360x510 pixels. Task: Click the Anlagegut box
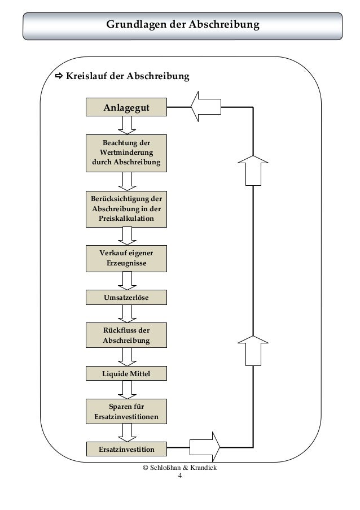[x=126, y=107]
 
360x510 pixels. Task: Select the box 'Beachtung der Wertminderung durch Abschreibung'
[x=126, y=153]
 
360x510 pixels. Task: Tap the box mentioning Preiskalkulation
[x=126, y=209]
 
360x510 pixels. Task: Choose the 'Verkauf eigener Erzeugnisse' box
[x=126, y=259]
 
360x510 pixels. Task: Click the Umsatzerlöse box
[x=126, y=297]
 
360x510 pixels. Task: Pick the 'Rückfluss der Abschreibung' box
[x=126, y=335]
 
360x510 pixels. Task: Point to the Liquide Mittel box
[x=126, y=373]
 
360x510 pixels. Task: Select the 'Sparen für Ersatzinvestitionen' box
[x=126, y=412]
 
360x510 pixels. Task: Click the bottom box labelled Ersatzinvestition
[x=126, y=449]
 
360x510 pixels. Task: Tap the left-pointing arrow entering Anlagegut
[x=205, y=107]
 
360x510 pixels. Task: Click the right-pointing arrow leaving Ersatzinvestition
[x=205, y=447]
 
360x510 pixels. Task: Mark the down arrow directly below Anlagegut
[x=127, y=125]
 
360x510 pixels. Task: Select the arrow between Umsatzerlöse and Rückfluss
[x=127, y=313]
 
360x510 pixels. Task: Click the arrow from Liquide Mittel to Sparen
[x=127, y=390]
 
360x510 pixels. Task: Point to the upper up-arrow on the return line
[x=253, y=171]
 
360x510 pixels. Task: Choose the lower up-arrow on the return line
[x=253, y=351]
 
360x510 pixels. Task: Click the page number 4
[x=180, y=476]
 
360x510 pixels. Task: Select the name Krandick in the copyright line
[x=203, y=468]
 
